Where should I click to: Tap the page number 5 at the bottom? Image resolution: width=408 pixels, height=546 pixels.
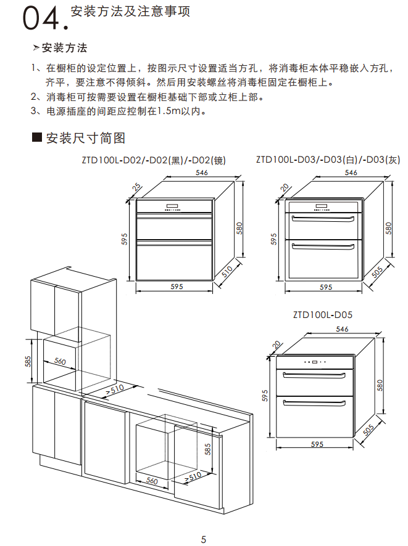pyautogui.click(x=204, y=539)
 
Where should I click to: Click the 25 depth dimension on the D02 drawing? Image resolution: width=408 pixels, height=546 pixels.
pyautogui.click(x=137, y=185)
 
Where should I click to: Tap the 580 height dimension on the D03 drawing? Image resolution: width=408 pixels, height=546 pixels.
pyautogui.click(x=389, y=228)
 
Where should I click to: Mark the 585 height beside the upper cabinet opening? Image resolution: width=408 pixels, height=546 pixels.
pyautogui.click(x=28, y=361)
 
